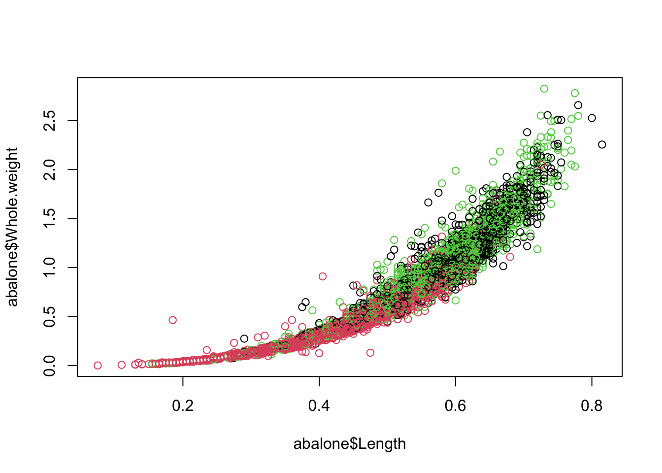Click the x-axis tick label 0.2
coord(183,405)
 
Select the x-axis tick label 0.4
coord(319,405)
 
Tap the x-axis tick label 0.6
coord(455,405)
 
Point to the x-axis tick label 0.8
coord(592,405)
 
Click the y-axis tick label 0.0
coord(50,366)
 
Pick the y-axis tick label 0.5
coord(50,317)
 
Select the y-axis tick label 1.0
coord(50,268)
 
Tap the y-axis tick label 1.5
coord(50,219)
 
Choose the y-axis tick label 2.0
coord(50,169)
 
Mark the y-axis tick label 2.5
coord(50,121)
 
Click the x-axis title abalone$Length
coord(350,444)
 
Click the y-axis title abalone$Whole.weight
coord(13,227)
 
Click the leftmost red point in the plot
coord(98,366)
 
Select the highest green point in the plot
coord(544,89)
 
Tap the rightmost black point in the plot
coord(602,144)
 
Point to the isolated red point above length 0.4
coord(323,276)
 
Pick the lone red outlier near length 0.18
coord(172,320)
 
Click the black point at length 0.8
coord(592,118)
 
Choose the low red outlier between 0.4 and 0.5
coord(370,353)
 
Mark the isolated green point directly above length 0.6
coord(456,171)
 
